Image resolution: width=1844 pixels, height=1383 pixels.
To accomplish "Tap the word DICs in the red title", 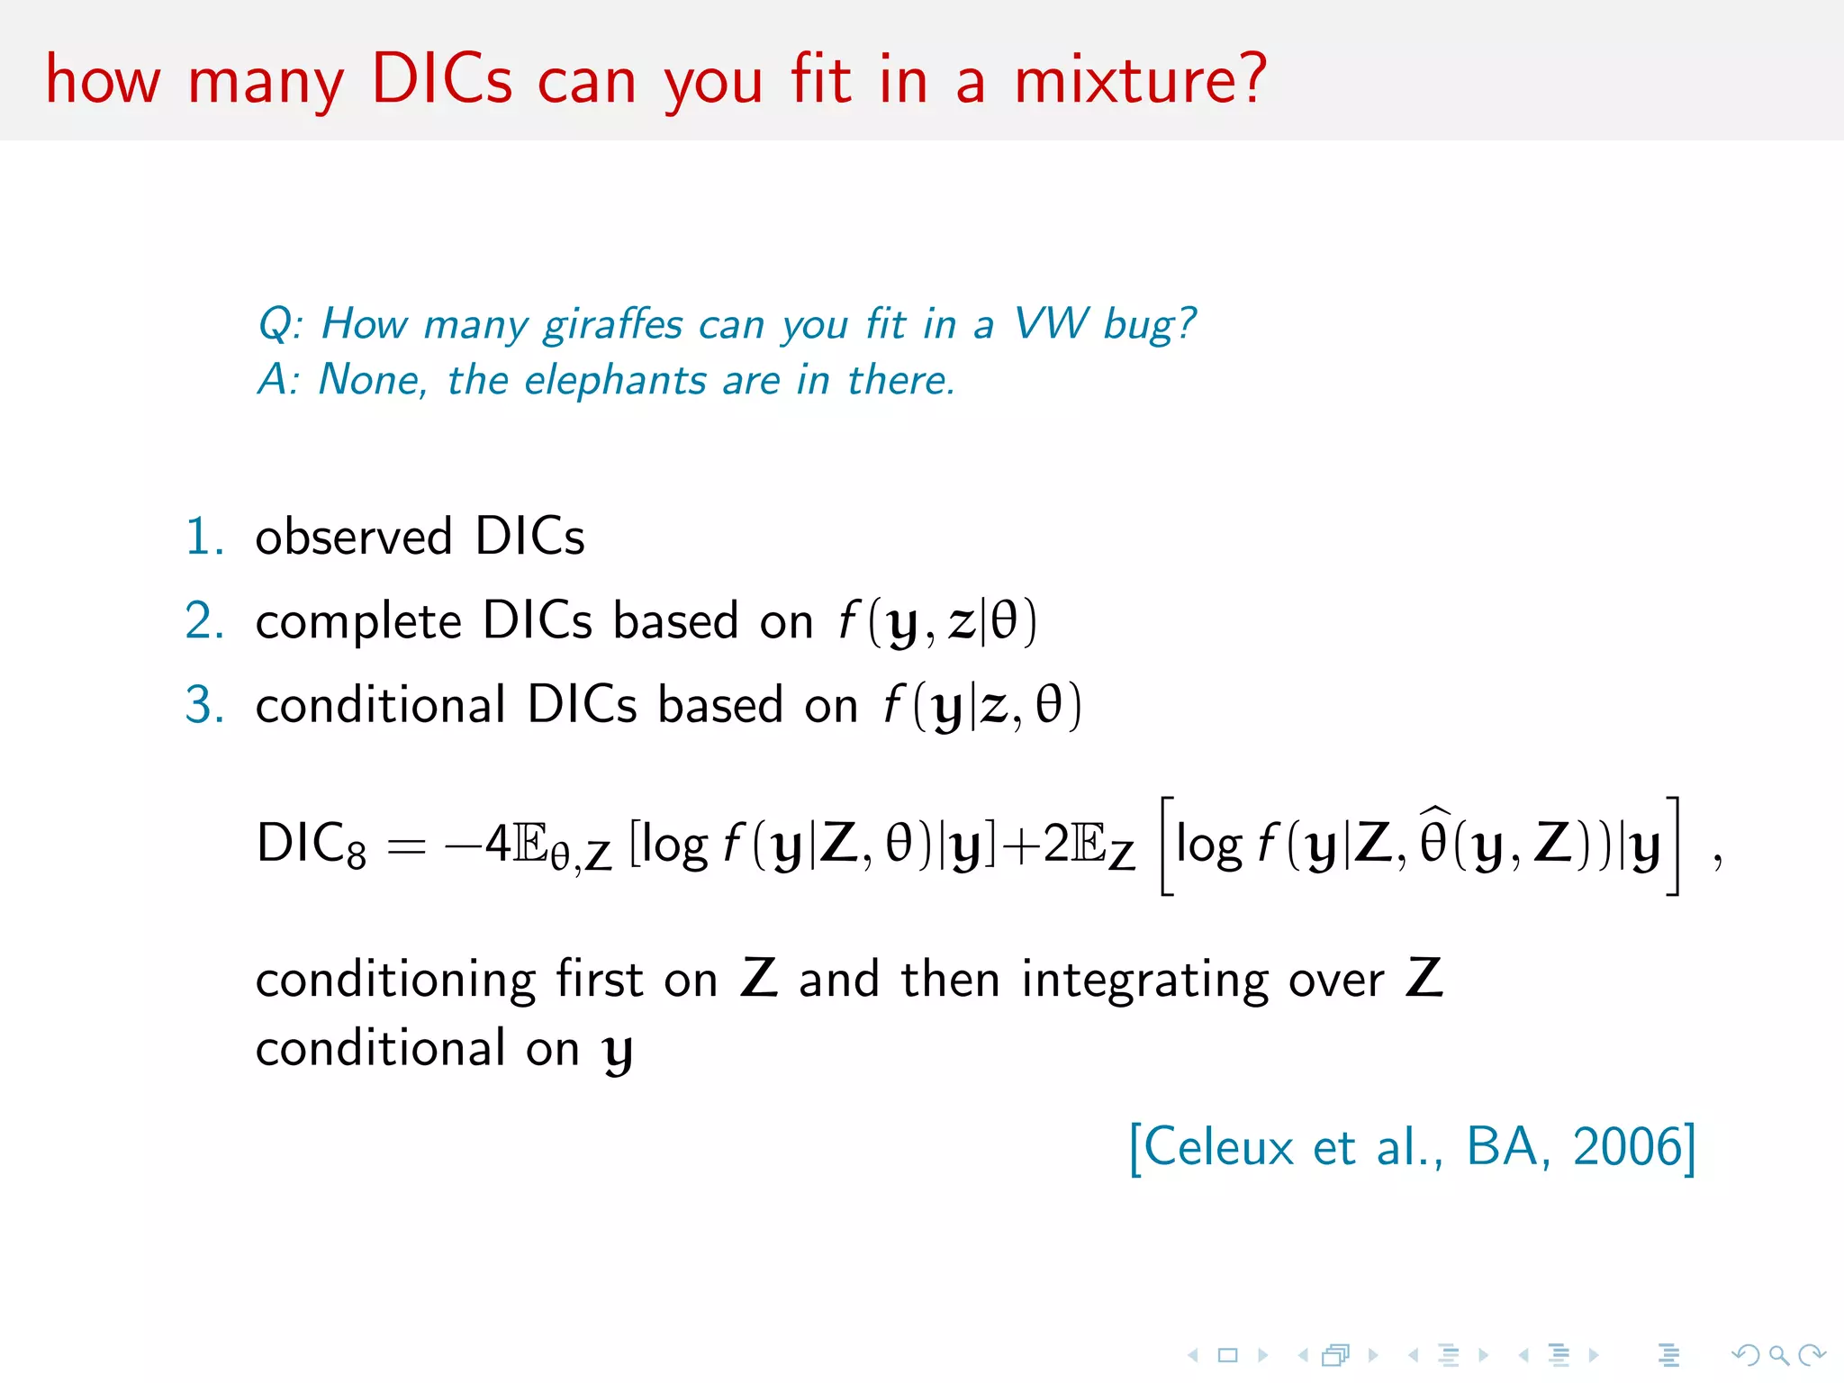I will click(441, 79).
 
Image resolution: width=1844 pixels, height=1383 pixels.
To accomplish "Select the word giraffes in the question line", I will click(613, 324).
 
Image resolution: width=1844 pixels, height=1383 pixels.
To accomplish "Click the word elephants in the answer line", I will click(615, 380).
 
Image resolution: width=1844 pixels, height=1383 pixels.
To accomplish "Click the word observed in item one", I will click(354, 537).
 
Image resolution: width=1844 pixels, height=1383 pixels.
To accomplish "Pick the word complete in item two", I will click(358, 621).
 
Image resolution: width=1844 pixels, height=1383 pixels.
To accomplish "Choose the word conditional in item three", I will click(381, 704).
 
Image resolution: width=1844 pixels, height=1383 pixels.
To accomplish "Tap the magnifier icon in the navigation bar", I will click(1777, 1354).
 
